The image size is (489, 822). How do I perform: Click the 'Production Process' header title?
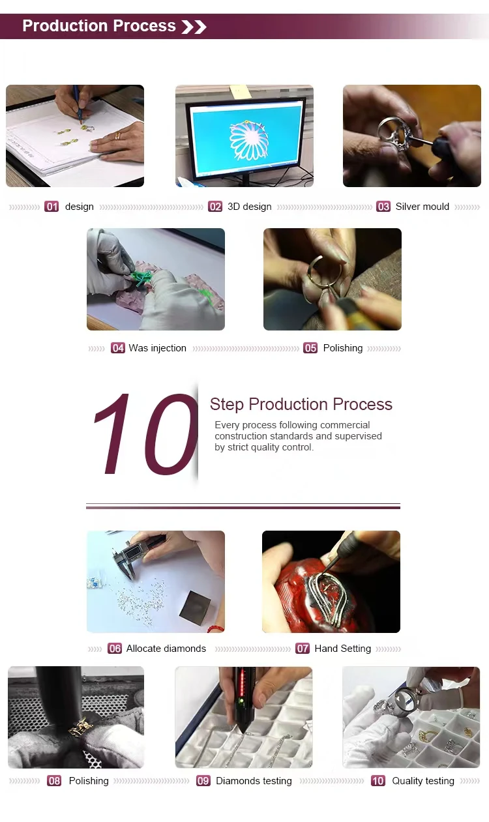click(x=99, y=26)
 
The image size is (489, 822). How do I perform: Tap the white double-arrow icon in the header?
click(x=194, y=27)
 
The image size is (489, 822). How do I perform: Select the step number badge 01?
click(x=52, y=207)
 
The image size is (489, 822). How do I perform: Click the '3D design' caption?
click(x=250, y=207)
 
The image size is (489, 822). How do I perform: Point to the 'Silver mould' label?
click(x=422, y=207)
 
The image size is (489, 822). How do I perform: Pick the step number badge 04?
click(x=118, y=348)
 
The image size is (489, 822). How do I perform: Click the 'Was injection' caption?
click(x=158, y=348)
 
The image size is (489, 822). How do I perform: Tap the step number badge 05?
click(x=310, y=348)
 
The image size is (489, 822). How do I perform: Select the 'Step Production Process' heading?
click(x=301, y=404)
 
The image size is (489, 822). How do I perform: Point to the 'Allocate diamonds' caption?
click(x=166, y=649)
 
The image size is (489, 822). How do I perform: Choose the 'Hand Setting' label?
click(x=342, y=649)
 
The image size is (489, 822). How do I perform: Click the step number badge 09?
click(x=203, y=780)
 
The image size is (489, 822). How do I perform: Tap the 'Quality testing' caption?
click(x=423, y=780)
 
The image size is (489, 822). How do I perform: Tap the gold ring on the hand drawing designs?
click(x=117, y=136)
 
